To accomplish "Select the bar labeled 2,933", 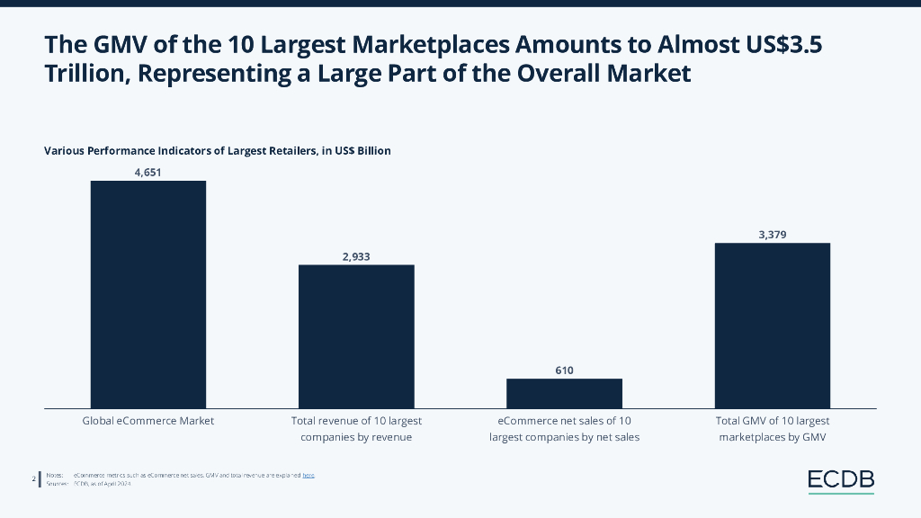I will pos(356,336).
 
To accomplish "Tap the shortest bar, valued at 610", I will pos(564,393).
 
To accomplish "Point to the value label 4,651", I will pos(148,172).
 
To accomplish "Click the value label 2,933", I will pos(356,256).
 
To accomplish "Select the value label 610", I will pos(564,370).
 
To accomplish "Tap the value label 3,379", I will pos(772,235).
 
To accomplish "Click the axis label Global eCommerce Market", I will pos(148,421).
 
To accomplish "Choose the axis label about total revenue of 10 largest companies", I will pos(357,429).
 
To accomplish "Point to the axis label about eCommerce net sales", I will pos(564,429).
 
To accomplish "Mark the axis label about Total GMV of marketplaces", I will pos(772,429).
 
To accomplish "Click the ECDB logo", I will pos(840,480).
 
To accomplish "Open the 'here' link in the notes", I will pos(308,475).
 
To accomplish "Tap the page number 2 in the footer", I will pos(33,478).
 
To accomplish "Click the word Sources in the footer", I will pos(55,484).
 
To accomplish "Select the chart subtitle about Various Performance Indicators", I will pos(218,151).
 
